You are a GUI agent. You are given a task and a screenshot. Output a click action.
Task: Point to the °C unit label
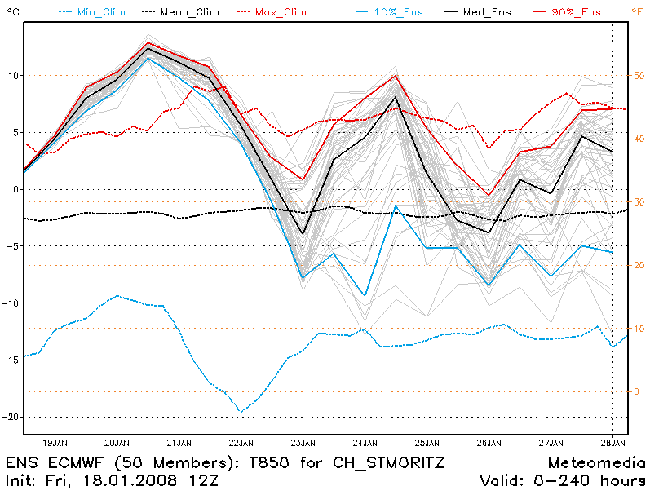click(x=10, y=11)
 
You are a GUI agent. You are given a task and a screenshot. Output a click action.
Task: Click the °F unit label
click(x=637, y=11)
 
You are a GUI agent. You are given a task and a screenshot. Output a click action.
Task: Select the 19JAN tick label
click(x=55, y=443)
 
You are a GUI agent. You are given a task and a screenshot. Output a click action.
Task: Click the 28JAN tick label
click(x=612, y=443)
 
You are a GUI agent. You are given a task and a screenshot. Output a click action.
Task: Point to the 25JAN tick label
click(x=427, y=443)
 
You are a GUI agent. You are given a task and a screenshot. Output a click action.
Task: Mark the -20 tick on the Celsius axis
click(x=9, y=416)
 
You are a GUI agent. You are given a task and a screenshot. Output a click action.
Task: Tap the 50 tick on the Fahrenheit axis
click(x=639, y=75)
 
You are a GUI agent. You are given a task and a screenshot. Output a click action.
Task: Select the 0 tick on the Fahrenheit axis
click(x=639, y=391)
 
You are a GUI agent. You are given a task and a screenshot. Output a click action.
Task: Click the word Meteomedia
click(x=597, y=462)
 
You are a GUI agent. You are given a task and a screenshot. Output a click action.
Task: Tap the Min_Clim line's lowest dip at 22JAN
click(x=241, y=412)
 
